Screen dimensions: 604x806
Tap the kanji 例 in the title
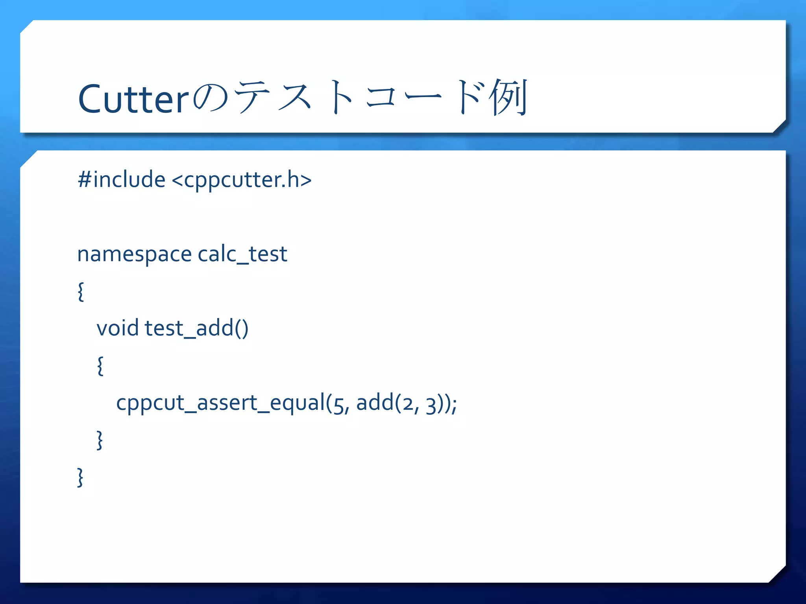pos(508,98)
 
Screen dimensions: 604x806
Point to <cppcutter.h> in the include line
pos(242,180)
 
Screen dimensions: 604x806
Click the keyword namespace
pos(134,254)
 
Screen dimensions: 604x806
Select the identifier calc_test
pos(242,254)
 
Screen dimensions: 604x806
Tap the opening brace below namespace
pos(81,291)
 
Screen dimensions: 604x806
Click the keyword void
pos(118,328)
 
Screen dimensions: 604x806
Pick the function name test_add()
pos(196,328)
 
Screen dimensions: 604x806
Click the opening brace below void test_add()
pos(100,366)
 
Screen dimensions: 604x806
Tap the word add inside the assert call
pos(375,403)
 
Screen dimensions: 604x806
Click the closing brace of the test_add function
pos(100,440)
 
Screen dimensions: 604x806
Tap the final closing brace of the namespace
pos(80,477)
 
